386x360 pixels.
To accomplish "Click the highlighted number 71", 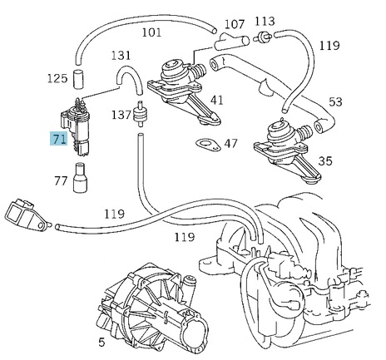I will (58, 138).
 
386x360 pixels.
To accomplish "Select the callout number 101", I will (151, 33).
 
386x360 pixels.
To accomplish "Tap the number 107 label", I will (235, 23).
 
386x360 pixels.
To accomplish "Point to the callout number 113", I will (264, 20).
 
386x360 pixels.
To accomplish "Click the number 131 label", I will (121, 55).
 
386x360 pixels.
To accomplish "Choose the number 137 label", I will (121, 114).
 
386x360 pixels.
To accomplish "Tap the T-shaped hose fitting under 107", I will (228, 42).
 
